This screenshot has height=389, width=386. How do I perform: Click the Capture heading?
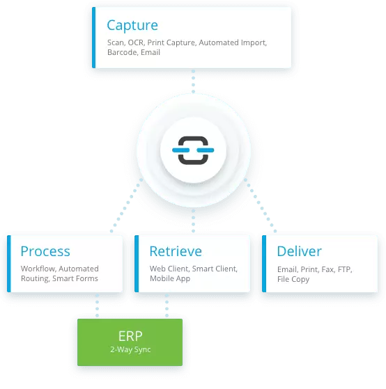(x=132, y=26)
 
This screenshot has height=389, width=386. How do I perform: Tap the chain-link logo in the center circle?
(x=192, y=150)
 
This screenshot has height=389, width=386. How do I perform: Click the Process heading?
(x=45, y=251)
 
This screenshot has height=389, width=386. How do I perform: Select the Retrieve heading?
(x=176, y=251)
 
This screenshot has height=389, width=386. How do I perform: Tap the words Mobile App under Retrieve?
(x=171, y=278)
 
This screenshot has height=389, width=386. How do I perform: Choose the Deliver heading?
(x=300, y=251)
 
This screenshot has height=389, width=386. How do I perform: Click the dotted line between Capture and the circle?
(x=192, y=80)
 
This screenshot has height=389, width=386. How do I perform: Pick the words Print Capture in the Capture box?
(x=172, y=43)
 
